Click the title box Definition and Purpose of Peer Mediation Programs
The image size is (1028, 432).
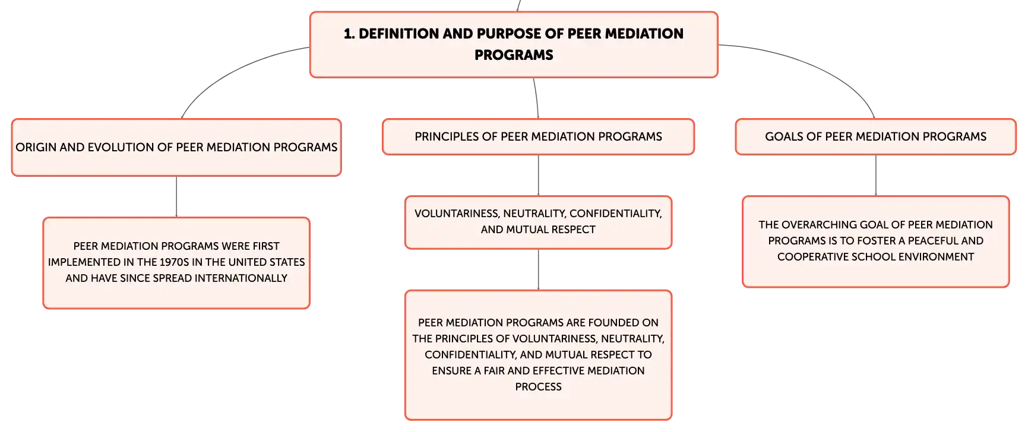click(514, 45)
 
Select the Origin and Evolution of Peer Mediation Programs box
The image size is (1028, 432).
click(176, 148)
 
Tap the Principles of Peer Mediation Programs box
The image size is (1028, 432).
click(538, 137)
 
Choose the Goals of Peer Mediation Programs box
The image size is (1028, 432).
click(875, 137)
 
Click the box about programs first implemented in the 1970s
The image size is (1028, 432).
click(176, 263)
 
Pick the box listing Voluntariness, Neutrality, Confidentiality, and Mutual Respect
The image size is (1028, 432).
click(538, 222)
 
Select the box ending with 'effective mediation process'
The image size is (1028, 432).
click(538, 355)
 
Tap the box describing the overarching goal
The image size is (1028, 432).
click(875, 242)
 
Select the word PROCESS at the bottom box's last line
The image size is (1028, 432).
click(538, 387)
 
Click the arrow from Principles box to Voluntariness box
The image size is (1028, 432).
click(538, 176)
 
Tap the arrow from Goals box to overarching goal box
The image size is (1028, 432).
click(875, 176)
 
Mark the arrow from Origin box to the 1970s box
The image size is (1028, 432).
click(176, 197)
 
